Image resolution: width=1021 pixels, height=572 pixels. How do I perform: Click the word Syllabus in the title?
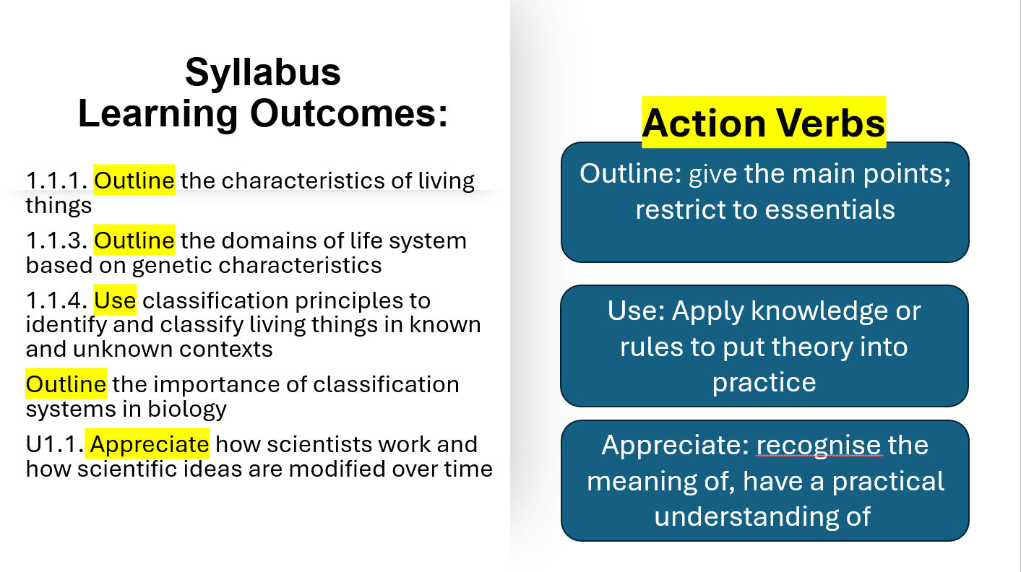coord(263,73)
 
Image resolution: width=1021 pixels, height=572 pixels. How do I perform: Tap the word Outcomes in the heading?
coord(349,113)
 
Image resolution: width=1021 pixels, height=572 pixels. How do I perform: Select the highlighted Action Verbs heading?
coord(764,123)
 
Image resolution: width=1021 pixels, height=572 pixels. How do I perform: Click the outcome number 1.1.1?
coord(57,181)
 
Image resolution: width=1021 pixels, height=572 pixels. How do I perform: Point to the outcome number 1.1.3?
coord(57,240)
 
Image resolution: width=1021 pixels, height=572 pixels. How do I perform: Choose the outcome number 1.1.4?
coord(57,300)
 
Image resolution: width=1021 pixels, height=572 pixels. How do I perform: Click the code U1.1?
coord(55,444)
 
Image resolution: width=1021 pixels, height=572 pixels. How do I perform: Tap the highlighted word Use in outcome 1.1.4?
coord(115,300)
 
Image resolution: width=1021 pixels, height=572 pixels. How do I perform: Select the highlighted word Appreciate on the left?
coord(147,444)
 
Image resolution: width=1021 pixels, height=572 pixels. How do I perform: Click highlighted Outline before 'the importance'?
coord(66,384)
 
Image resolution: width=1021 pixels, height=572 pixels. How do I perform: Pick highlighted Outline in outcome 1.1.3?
coord(134,240)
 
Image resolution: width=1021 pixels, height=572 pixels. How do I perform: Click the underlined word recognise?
coord(819,445)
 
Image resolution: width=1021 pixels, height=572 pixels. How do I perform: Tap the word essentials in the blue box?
coord(830,209)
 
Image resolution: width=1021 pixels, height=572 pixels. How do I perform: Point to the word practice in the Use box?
coord(764,383)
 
